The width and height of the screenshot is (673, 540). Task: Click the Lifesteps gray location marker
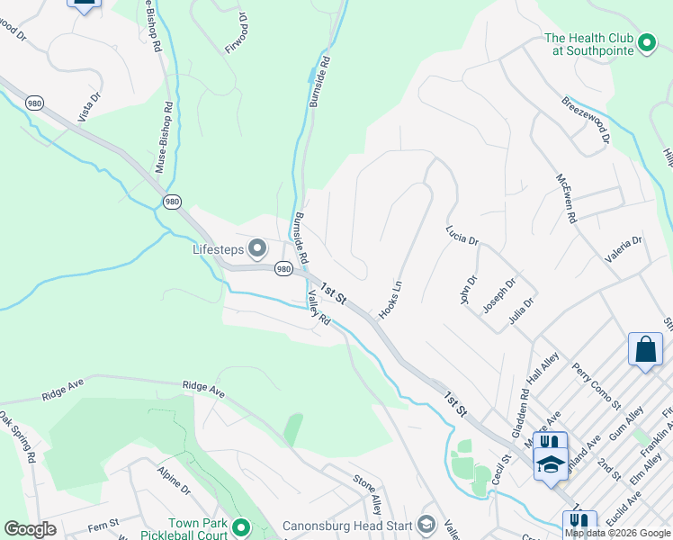coord(257,247)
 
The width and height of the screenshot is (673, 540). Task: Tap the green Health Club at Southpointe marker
coord(645,44)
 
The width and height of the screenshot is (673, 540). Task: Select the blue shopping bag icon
coord(645,349)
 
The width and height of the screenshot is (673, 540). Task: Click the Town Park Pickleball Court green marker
coord(240,527)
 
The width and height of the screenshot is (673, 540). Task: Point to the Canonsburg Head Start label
coord(347,526)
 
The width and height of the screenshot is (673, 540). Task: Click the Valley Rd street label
coord(319,307)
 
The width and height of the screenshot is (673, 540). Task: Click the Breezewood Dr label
coord(586,120)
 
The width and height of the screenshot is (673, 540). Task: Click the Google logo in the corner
coord(30,529)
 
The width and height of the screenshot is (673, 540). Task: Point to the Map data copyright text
coord(617,533)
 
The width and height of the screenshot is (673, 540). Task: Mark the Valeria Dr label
coord(624,247)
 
